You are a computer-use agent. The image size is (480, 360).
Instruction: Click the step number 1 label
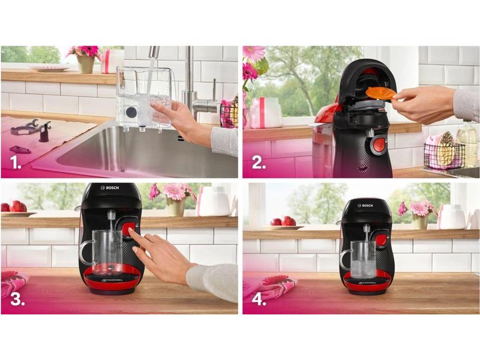click(16, 162)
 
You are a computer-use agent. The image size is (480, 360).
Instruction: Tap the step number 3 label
click(18, 299)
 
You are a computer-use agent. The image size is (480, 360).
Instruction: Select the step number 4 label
click(259, 299)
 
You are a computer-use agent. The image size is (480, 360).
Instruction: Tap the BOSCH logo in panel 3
click(110, 188)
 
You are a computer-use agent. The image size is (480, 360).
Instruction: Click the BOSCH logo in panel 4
click(365, 205)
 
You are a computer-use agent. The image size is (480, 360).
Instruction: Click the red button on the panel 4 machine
click(380, 239)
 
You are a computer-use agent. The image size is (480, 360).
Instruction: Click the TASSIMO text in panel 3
click(112, 280)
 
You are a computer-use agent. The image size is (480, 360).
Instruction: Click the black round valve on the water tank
click(131, 112)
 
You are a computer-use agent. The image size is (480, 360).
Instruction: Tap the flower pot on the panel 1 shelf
click(85, 64)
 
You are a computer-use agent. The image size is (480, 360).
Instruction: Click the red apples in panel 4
click(283, 221)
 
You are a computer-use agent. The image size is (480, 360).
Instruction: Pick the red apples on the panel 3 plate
click(14, 206)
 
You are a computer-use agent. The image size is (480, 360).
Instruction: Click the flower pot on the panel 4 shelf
click(419, 221)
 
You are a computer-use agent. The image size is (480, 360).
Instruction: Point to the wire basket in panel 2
click(444, 156)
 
